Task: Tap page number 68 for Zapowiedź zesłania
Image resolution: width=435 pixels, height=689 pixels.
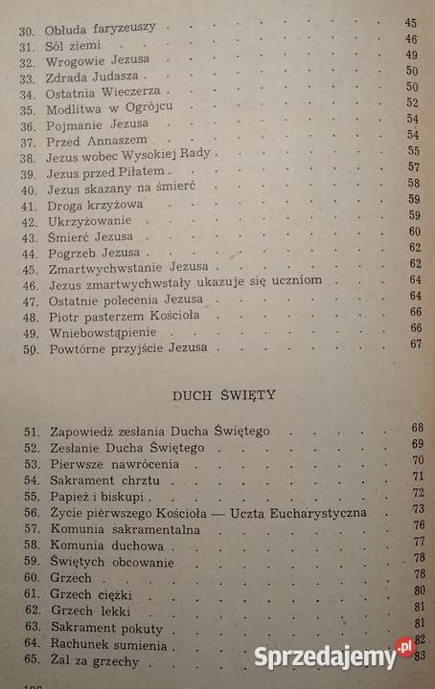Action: (416, 428)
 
